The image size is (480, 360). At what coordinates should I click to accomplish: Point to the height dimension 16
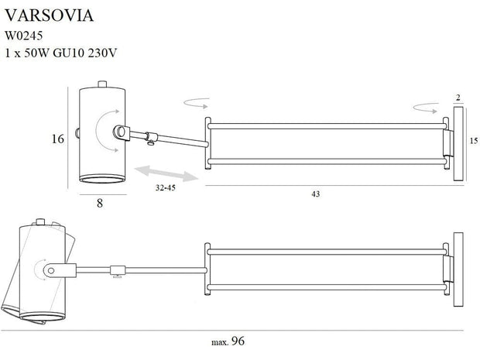tap(55, 139)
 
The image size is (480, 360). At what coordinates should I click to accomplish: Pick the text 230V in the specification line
tap(108, 53)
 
